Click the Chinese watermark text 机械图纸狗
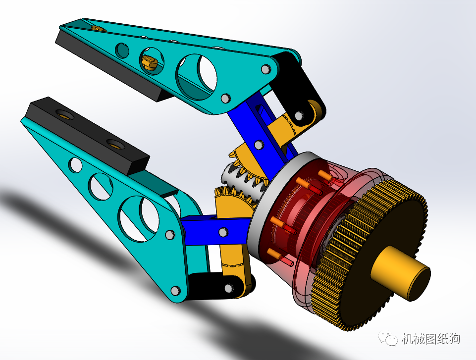coord(430,339)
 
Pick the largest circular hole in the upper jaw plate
coord(197,75)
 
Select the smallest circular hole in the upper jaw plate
coord(121,50)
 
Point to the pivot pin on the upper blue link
coord(258,144)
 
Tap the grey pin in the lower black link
coord(229,287)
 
